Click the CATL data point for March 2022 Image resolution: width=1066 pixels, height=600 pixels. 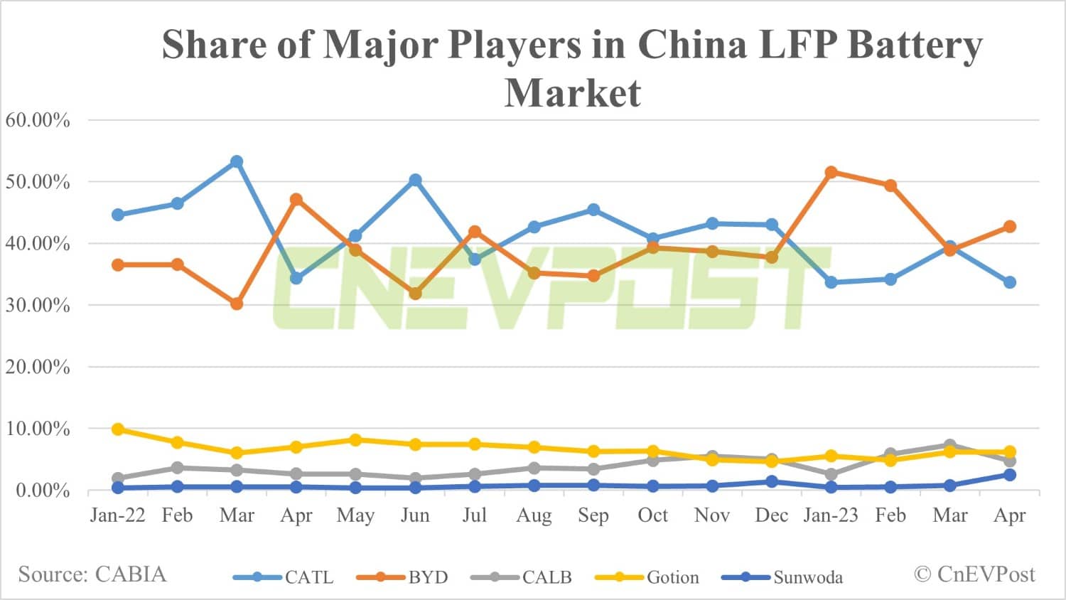click(x=237, y=162)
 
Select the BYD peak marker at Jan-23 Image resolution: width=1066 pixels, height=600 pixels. click(x=831, y=172)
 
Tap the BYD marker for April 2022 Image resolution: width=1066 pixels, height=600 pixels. click(x=296, y=200)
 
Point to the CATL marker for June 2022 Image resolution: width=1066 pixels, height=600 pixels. click(x=415, y=181)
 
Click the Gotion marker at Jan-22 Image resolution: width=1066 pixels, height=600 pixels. click(x=118, y=429)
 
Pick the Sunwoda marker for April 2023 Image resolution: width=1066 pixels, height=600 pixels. click(x=1009, y=475)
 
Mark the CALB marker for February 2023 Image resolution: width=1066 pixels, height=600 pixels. click(x=890, y=454)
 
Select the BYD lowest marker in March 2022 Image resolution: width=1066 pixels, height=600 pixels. click(x=237, y=304)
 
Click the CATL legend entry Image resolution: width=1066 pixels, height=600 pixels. click(x=284, y=577)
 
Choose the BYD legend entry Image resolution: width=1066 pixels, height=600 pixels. click(x=402, y=577)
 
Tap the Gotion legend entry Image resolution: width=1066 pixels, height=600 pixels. click(x=647, y=577)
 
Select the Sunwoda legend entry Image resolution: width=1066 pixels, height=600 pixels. click(x=782, y=577)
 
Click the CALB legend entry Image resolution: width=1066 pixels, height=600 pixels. click(x=522, y=577)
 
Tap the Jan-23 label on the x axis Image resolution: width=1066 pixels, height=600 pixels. click(x=831, y=515)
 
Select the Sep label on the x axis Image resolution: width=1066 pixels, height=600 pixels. click(x=593, y=515)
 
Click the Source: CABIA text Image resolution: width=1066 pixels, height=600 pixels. click(x=92, y=574)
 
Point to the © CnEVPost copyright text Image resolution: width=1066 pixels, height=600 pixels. click(x=974, y=574)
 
